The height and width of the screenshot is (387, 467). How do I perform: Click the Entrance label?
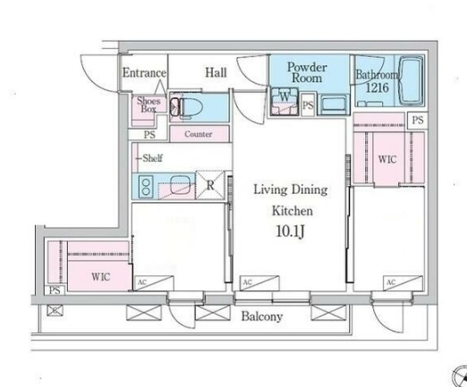click(144, 72)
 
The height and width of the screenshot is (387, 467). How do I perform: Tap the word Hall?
click(216, 72)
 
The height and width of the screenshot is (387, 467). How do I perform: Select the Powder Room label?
click(307, 72)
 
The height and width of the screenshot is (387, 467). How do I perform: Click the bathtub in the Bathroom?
click(411, 80)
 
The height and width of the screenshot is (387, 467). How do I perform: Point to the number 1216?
click(378, 88)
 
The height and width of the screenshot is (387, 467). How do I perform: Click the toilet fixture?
click(186, 107)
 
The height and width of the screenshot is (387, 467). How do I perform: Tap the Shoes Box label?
click(149, 105)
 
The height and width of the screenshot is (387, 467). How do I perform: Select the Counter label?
click(199, 134)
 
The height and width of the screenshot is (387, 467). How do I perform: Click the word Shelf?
click(152, 158)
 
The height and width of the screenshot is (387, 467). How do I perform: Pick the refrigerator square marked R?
click(210, 185)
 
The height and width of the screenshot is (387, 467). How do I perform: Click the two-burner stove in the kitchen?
click(146, 187)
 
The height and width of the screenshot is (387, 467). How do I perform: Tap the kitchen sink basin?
click(180, 185)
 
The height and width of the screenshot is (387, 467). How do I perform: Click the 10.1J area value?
click(291, 231)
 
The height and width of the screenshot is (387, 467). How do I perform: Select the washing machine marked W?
click(284, 101)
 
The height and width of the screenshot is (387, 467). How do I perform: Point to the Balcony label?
click(262, 316)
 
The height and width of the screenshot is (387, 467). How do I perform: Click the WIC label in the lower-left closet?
click(101, 277)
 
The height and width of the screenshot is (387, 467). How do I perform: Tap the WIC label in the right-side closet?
click(387, 159)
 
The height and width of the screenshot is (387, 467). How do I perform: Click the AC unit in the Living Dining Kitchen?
click(259, 283)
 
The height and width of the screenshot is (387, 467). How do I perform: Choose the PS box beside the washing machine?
click(308, 105)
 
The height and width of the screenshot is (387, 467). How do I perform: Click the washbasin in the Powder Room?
click(333, 105)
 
